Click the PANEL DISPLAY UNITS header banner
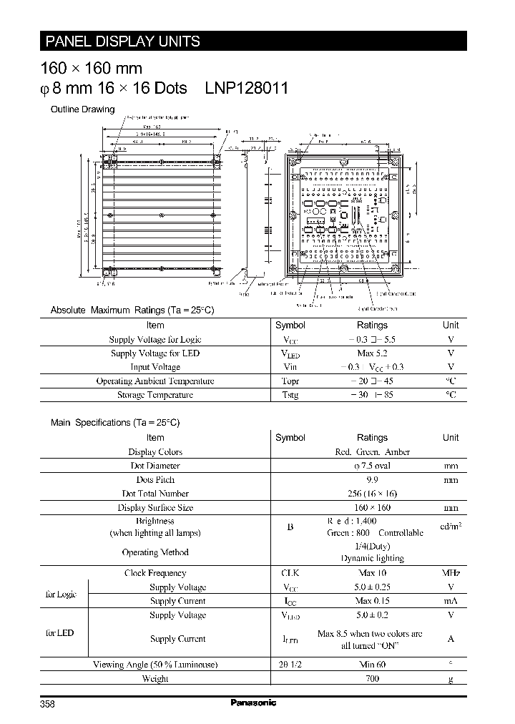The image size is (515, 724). [x=122, y=41]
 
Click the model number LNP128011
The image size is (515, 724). [x=247, y=88]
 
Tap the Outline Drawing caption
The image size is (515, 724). [x=82, y=109]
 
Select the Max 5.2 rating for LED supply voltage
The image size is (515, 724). [x=372, y=353]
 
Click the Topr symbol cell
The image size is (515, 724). [x=290, y=381]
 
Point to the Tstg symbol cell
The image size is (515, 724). [x=290, y=395]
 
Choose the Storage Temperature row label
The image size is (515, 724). [x=155, y=395]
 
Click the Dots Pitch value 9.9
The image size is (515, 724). [x=372, y=480]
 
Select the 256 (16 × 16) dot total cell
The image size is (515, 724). [x=372, y=494]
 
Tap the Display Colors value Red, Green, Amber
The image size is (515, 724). [x=372, y=452]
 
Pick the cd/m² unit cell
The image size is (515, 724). [x=451, y=527]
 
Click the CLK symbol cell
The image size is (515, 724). [x=290, y=573]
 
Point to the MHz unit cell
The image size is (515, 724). [x=451, y=573]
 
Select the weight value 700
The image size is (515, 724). [x=372, y=678]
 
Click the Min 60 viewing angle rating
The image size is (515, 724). [x=372, y=665]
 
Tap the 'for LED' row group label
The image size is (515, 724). [x=60, y=633]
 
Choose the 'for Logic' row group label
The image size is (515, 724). [x=61, y=595]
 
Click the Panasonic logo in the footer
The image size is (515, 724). [x=253, y=703]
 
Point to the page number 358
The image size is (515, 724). [x=47, y=704]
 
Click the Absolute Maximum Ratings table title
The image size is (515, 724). [x=132, y=310]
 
